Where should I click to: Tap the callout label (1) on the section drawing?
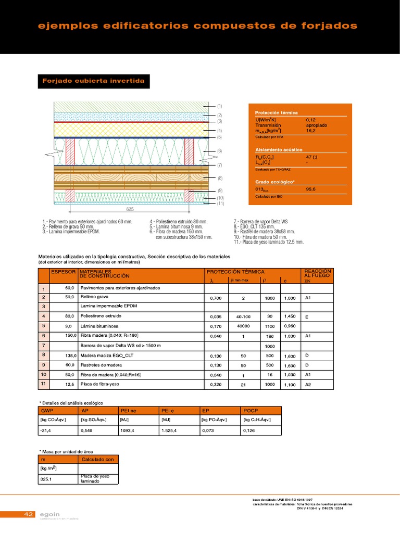click(220, 106)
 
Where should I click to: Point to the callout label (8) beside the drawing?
click(220, 178)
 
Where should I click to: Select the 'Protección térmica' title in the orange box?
click(277, 112)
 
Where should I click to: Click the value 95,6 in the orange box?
click(311, 189)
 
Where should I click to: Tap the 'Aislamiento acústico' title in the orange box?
click(279, 150)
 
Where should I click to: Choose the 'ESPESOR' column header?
click(64, 272)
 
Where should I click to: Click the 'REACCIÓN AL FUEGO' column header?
click(317, 274)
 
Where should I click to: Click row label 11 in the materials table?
click(44, 384)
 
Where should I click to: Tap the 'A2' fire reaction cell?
click(308, 385)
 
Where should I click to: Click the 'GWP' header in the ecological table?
click(47, 410)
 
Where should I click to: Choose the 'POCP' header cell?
click(251, 410)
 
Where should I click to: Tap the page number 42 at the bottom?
click(29, 514)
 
